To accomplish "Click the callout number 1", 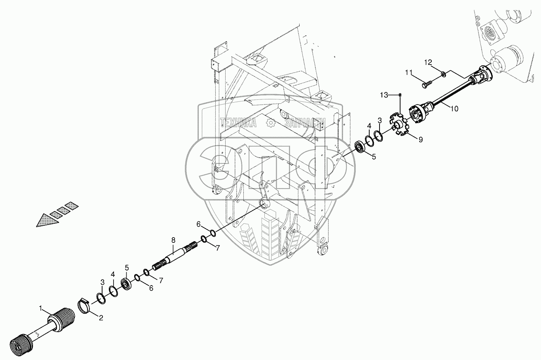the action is (x=41, y=308).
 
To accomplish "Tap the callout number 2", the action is (x=101, y=318).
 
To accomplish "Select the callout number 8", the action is (x=173, y=240).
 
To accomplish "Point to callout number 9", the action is (x=420, y=139).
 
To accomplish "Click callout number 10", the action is (x=454, y=109).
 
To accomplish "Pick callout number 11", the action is (x=409, y=72).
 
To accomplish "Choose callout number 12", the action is (x=428, y=62).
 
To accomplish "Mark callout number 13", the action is (x=384, y=95).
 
